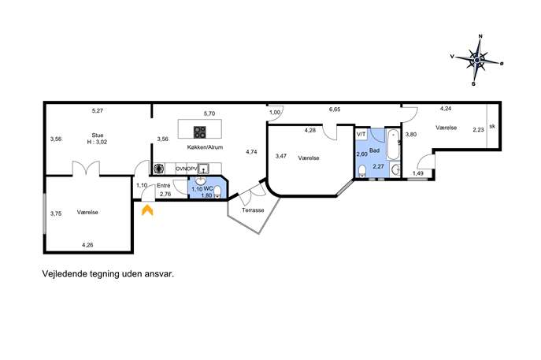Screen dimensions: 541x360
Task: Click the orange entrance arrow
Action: (147, 210)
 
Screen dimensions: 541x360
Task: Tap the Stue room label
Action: (98, 135)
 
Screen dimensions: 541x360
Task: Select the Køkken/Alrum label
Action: (205, 147)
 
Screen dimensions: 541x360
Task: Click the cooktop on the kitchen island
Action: (200, 132)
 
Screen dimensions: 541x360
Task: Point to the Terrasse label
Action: (253, 210)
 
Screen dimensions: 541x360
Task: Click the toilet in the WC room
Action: (217, 191)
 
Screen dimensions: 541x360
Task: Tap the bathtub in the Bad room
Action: (393, 145)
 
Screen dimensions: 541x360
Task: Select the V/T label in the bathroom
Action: (361, 134)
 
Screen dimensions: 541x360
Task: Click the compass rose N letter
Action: (480, 36)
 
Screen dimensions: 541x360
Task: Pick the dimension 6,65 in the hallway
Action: (335, 109)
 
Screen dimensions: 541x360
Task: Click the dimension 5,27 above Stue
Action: (98, 111)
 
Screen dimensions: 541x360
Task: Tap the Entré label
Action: (164, 186)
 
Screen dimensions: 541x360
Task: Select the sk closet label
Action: (492, 126)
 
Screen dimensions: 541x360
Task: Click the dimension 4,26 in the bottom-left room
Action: (87, 245)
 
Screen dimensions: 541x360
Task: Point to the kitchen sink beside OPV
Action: (204, 169)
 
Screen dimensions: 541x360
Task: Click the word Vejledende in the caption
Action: (65, 273)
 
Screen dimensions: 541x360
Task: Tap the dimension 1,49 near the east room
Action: (418, 173)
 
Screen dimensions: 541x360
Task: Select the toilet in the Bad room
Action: (362, 171)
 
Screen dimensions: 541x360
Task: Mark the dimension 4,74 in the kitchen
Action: (251, 151)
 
